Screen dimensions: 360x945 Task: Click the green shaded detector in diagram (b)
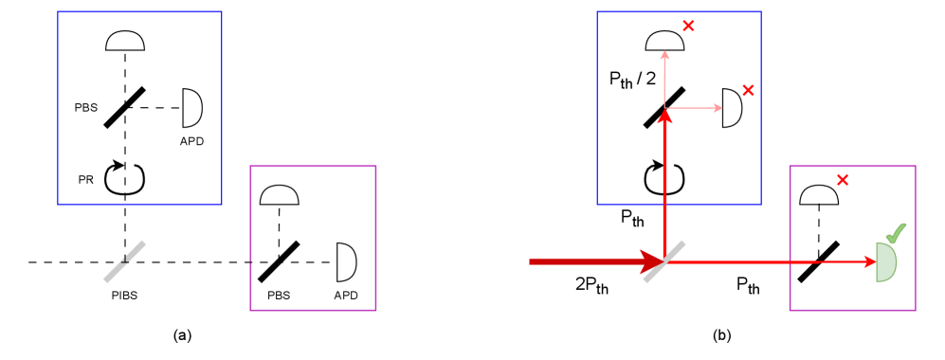point(885,261)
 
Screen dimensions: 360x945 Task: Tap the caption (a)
point(183,334)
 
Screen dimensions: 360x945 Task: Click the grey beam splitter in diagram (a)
point(125,261)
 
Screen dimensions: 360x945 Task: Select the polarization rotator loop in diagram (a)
point(125,177)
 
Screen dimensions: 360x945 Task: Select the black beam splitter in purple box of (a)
point(279,261)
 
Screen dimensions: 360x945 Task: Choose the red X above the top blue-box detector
point(688,26)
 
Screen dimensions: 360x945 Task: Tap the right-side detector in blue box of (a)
point(191,107)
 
